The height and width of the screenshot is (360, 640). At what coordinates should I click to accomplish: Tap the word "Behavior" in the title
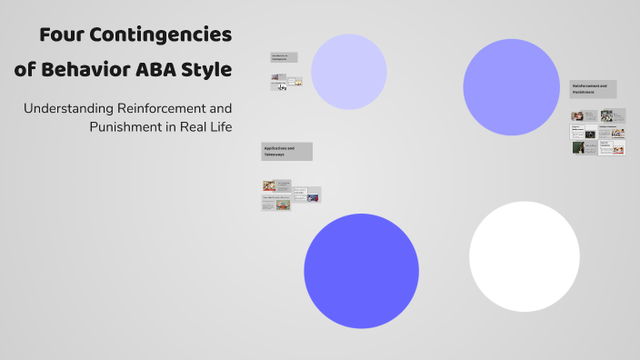click(89, 69)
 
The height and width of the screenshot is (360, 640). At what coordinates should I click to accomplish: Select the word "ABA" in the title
click(160, 69)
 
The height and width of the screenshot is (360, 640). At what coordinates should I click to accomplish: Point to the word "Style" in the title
click(208, 69)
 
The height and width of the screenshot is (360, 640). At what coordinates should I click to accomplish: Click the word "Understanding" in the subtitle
click(68, 108)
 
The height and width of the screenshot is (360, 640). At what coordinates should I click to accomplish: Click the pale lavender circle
click(349, 72)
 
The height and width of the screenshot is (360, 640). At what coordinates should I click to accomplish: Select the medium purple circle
click(511, 87)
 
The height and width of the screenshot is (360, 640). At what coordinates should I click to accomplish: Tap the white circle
click(525, 256)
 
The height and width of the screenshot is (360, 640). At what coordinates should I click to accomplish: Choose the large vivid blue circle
click(361, 271)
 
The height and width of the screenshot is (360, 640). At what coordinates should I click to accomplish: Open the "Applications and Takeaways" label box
click(286, 151)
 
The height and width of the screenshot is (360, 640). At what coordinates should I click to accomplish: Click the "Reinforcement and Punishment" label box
click(593, 89)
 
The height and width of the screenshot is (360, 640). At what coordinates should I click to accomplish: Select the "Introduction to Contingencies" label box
click(284, 57)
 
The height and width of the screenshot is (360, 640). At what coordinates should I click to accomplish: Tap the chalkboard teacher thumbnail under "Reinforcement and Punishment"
click(578, 147)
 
